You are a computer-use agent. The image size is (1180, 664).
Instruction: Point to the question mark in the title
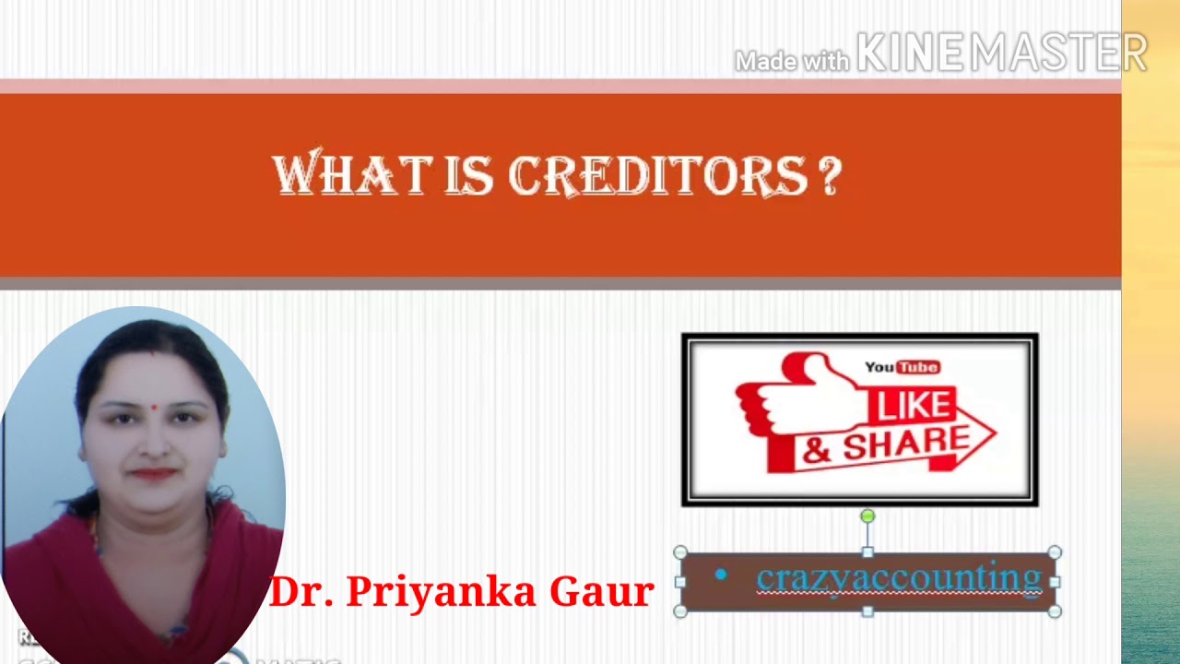829,175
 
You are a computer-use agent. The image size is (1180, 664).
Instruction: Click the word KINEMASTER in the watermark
1001,53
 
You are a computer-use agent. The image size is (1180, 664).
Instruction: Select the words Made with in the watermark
792,61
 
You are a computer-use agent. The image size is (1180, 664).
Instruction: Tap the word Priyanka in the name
443,591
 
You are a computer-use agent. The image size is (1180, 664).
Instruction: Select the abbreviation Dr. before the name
302,591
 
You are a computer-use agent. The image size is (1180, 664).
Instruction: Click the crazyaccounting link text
898,579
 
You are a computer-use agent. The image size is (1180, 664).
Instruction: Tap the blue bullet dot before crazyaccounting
721,575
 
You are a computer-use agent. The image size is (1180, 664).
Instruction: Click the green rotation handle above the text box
867,516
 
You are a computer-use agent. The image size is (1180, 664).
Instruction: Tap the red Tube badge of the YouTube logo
918,367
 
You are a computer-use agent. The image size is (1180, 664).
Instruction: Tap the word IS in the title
470,174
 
